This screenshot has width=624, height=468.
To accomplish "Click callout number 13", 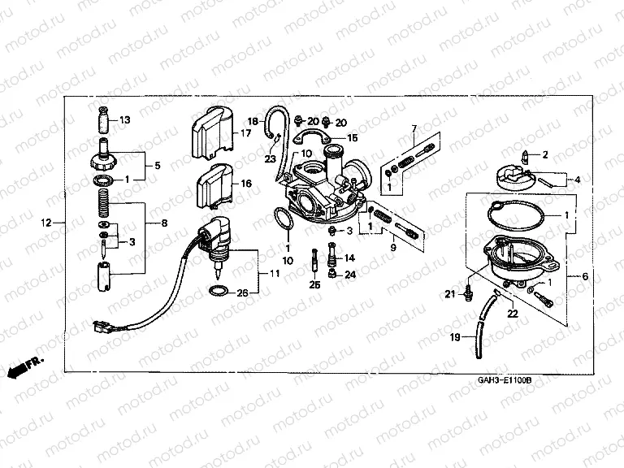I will [124, 120].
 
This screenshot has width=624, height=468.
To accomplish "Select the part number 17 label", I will [245, 133].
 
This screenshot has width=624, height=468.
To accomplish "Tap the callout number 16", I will [245, 184].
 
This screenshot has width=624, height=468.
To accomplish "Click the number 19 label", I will [454, 336].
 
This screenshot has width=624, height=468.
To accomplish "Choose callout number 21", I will [449, 293].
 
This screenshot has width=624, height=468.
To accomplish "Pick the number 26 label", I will [242, 292].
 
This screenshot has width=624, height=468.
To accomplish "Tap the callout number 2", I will [545, 154].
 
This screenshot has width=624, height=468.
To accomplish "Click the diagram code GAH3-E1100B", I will [505, 379].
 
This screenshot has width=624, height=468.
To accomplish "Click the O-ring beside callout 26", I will [218, 292].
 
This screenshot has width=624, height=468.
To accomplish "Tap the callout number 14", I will [350, 258].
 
